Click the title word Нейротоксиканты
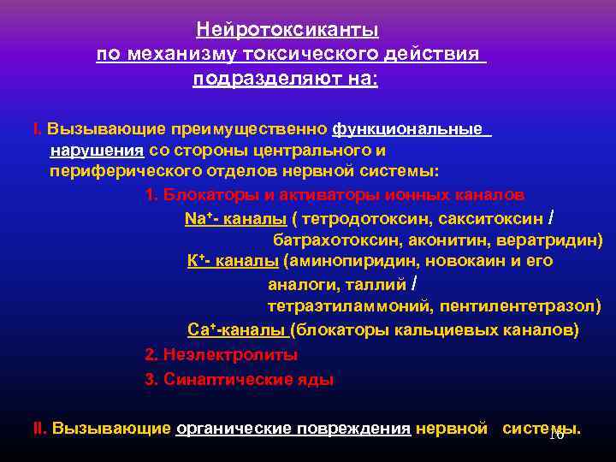coord(287,31)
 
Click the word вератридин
coord(547,240)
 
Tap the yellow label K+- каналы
coord(233,261)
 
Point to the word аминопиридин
coord(345,261)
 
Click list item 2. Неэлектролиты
coord(222,353)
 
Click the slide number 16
coord(555,435)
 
